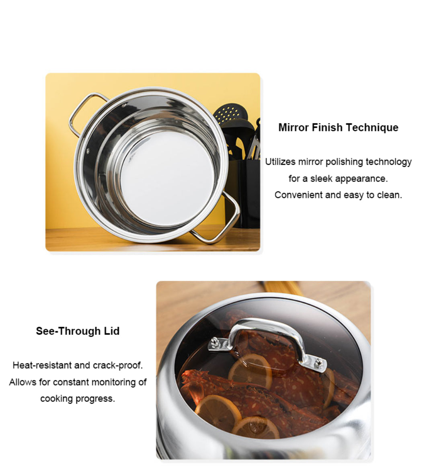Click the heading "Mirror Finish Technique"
tap(338, 127)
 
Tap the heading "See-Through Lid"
tap(78, 331)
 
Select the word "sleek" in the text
tap(321, 178)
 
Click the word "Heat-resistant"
tap(42, 365)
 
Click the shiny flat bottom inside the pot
tap(168, 178)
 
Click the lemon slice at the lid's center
tap(250, 371)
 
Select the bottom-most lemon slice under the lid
tap(256, 428)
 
